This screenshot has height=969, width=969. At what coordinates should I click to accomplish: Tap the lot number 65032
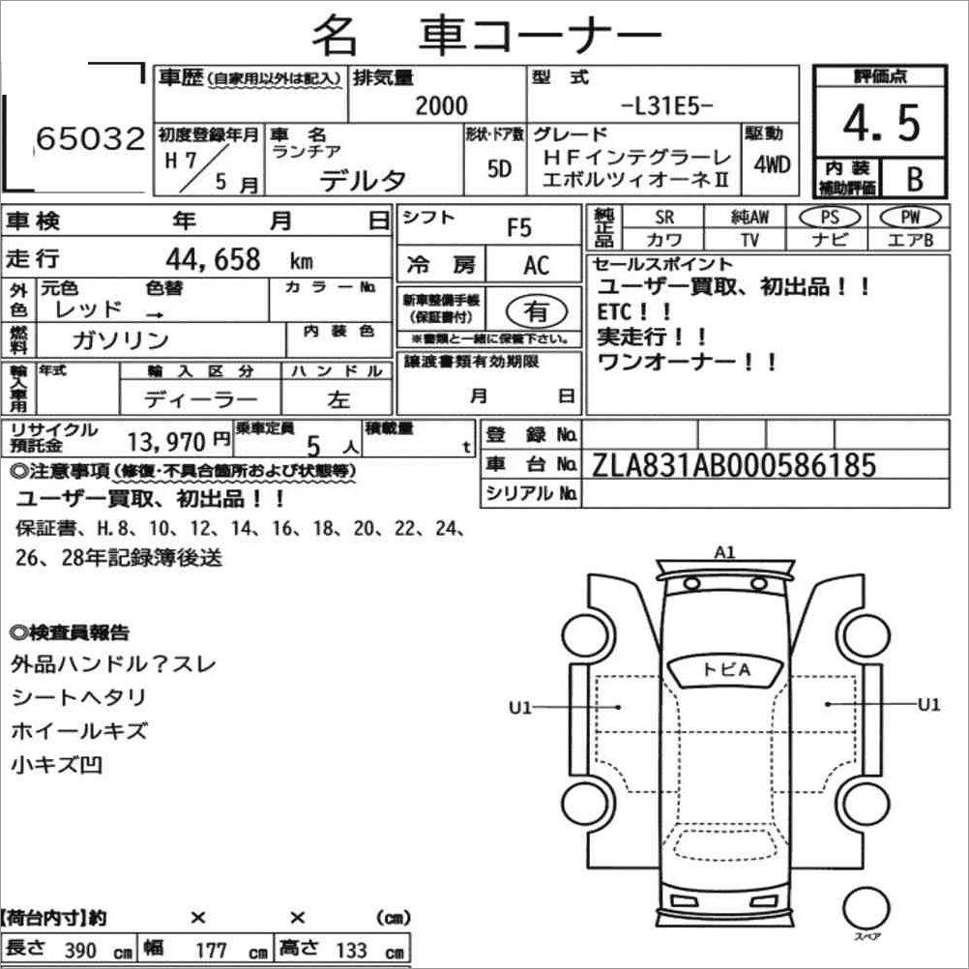tap(90, 140)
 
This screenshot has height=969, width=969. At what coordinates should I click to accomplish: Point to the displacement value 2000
tap(440, 105)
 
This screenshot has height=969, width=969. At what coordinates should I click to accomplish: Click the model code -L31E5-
tap(667, 105)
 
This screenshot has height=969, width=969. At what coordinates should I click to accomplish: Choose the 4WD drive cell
tap(772, 164)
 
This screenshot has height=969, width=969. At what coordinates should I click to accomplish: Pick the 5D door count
tap(500, 168)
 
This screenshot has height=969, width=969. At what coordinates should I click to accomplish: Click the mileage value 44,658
tap(214, 258)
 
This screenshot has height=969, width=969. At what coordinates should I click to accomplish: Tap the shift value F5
tap(519, 228)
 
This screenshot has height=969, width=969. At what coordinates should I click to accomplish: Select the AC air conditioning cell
tap(536, 265)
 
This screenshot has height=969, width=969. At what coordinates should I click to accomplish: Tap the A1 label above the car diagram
tap(724, 552)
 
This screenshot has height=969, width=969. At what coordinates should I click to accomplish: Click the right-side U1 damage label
tap(928, 705)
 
